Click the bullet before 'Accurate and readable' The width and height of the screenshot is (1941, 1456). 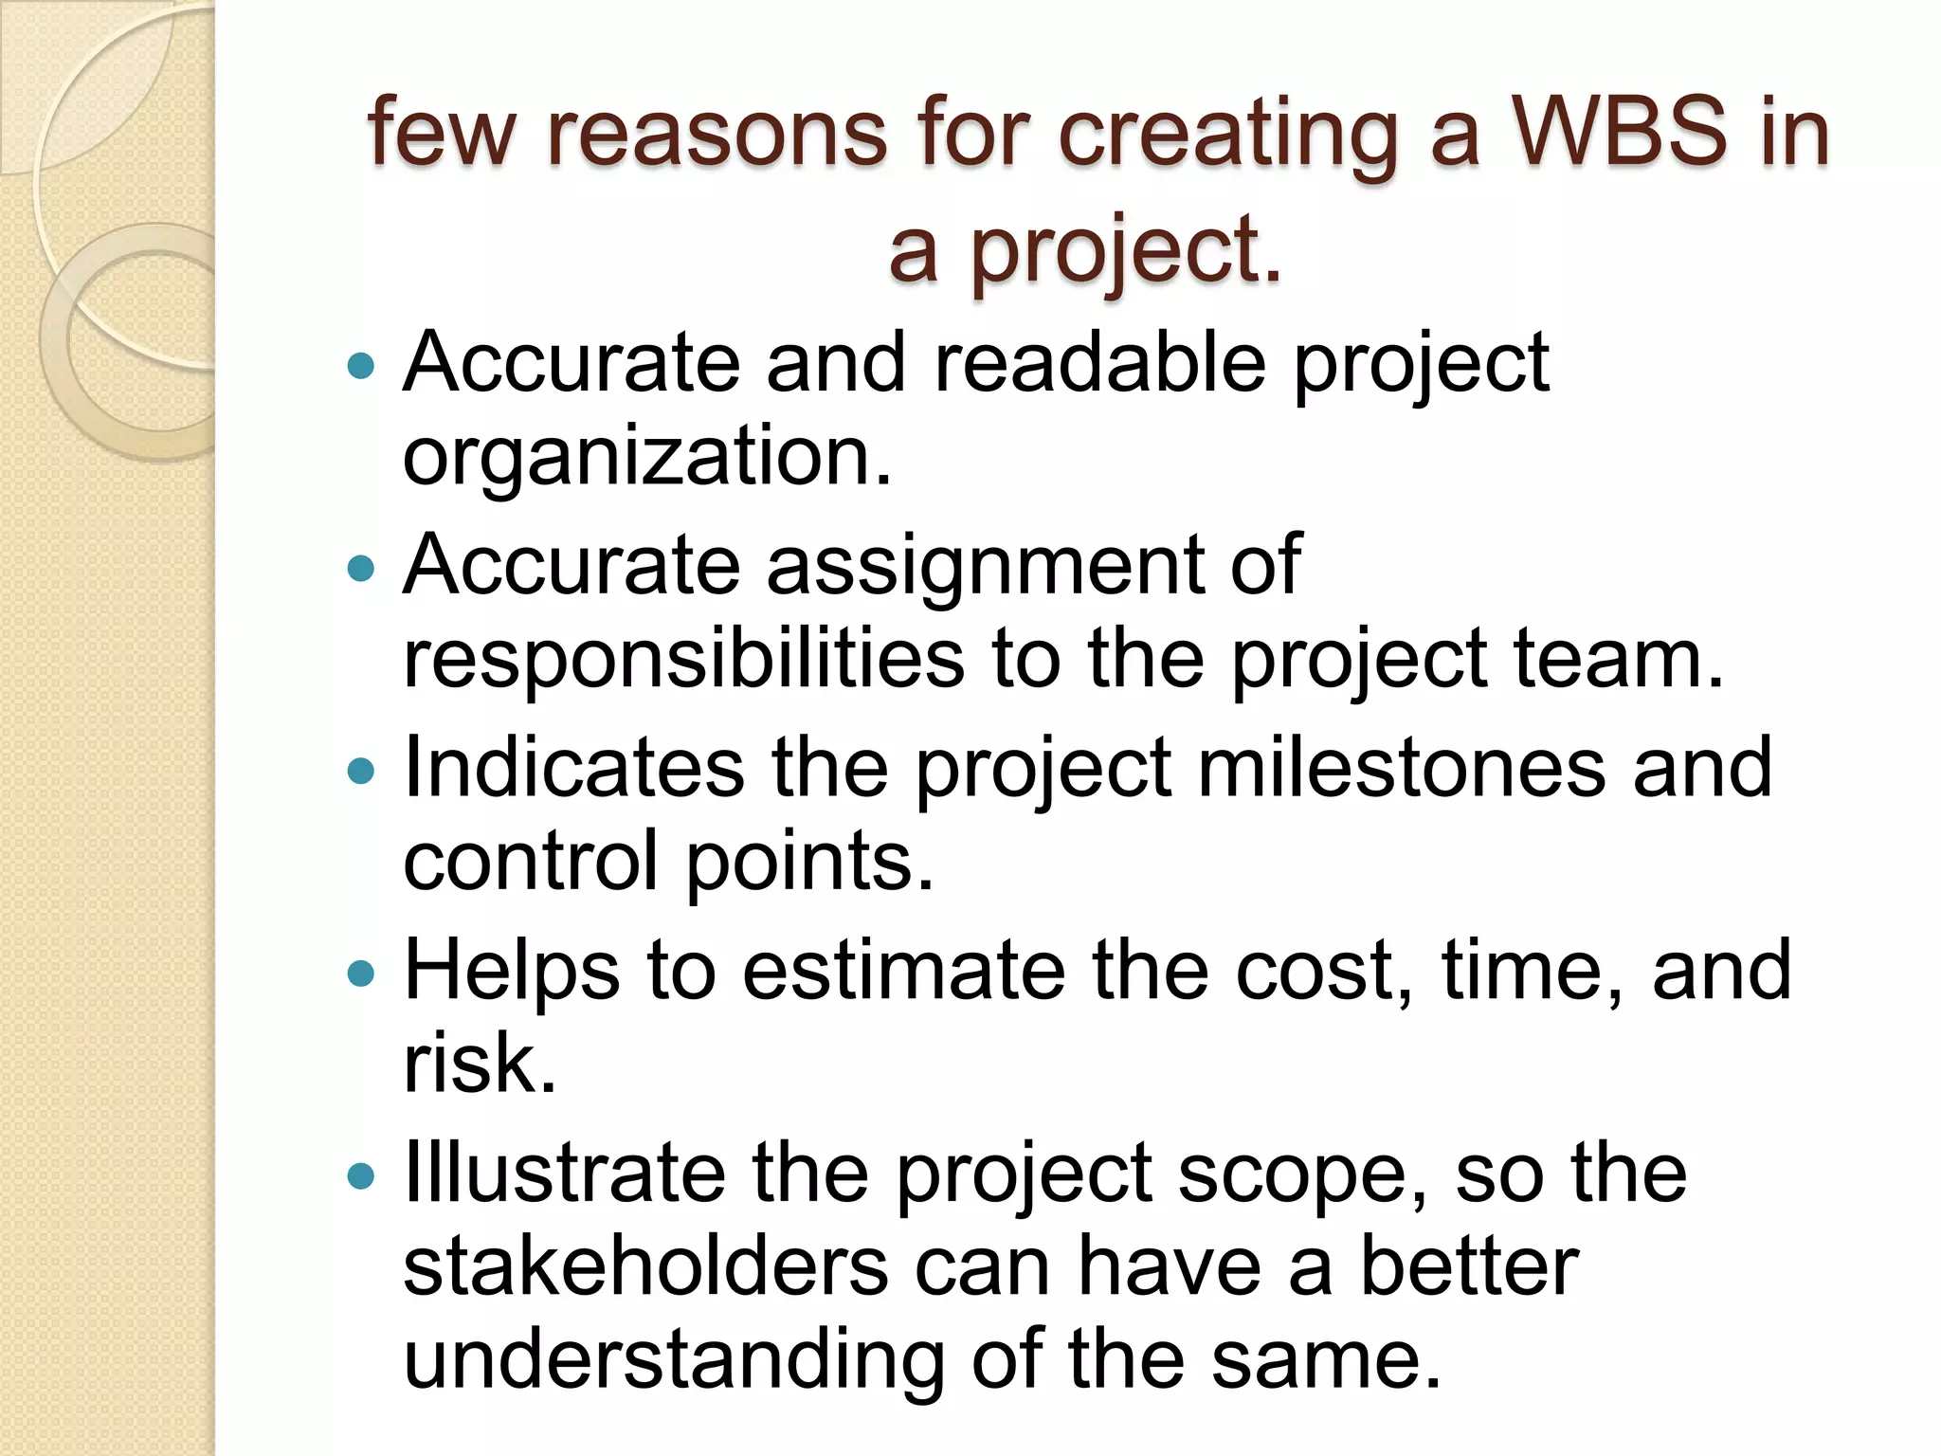(361, 365)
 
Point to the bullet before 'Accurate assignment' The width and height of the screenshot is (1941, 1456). (361, 568)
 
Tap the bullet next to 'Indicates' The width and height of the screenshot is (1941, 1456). (361, 771)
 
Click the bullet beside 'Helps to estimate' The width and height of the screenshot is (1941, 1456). (361, 974)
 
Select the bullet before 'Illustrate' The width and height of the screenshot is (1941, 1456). (361, 1176)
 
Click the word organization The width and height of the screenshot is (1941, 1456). (647, 457)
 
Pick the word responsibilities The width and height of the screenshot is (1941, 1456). (683, 660)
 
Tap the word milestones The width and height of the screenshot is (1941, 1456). (1402, 767)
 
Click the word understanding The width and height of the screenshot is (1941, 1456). (674, 1361)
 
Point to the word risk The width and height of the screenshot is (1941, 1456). (479, 1063)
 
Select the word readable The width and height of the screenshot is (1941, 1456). (1099, 363)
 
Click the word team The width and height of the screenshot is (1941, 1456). (1617, 660)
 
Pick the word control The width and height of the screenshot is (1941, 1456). (530, 861)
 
